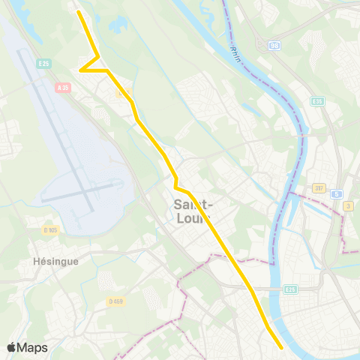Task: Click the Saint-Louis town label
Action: [193, 211]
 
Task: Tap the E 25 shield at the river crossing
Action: [290, 289]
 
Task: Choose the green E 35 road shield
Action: [317, 101]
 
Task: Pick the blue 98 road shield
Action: [274, 45]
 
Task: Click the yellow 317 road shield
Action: [319, 188]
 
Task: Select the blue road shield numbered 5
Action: [338, 193]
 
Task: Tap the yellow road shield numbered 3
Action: [348, 205]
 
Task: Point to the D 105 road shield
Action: [51, 230]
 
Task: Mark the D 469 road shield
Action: [115, 301]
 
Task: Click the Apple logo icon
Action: [12, 347]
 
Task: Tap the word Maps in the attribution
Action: [32, 347]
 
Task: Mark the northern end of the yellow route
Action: [79, 11]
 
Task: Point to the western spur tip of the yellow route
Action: [81, 70]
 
